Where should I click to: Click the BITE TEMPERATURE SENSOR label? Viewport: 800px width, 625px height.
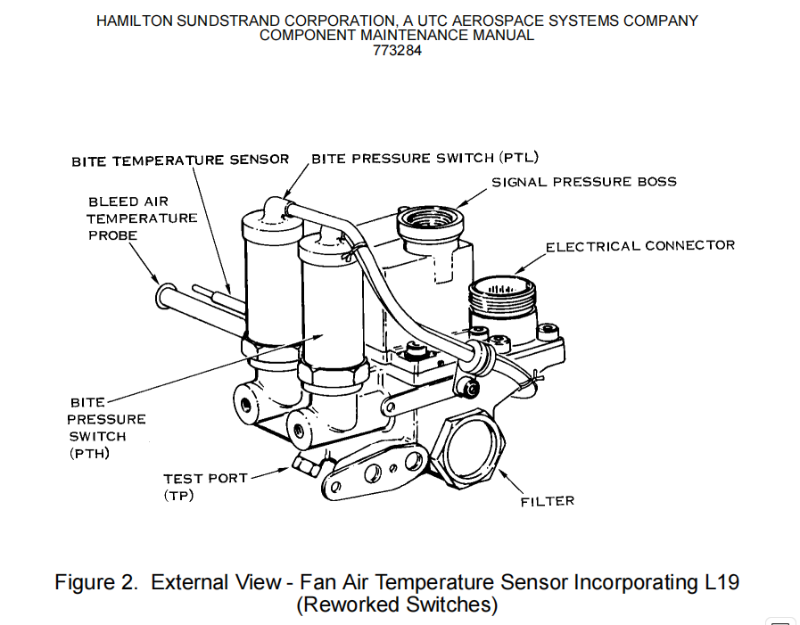pyautogui.click(x=180, y=160)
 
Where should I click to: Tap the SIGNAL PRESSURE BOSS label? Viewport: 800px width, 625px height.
pyautogui.click(x=584, y=182)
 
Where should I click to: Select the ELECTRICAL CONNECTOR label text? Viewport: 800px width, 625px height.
pyautogui.click(x=640, y=245)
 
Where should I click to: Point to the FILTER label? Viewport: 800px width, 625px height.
pyautogui.click(x=547, y=501)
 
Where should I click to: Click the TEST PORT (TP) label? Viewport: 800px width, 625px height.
pyautogui.click(x=204, y=487)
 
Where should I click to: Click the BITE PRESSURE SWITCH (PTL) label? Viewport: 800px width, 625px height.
pyautogui.click(x=425, y=159)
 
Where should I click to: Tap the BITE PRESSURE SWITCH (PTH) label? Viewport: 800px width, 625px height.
pyautogui.click(x=106, y=428)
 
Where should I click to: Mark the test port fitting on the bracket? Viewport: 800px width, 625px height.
pyautogui.click(x=303, y=465)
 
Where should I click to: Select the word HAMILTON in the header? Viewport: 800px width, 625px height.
pyautogui.click(x=130, y=21)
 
